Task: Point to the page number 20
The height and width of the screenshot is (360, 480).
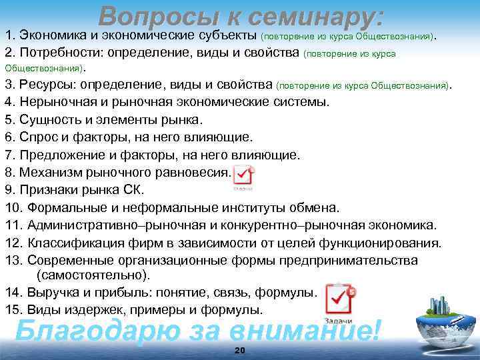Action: pos(240,351)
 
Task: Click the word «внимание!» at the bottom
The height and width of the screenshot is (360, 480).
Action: pos(306,329)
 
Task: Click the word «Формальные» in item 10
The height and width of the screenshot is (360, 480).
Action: pos(64,207)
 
